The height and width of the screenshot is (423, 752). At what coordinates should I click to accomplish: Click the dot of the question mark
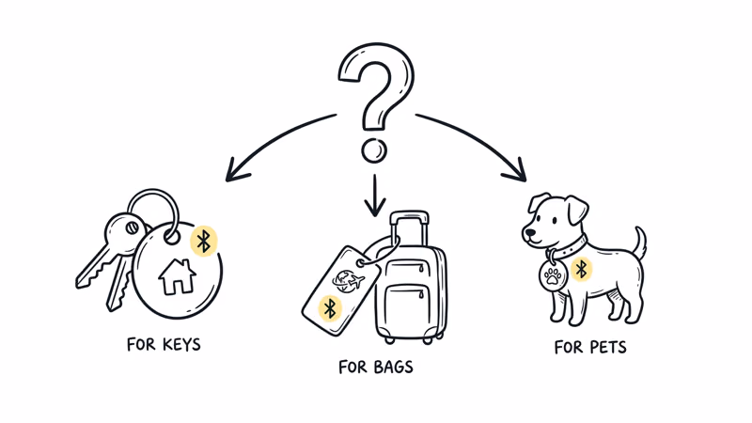[374, 150]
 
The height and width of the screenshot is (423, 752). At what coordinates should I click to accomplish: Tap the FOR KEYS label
[164, 345]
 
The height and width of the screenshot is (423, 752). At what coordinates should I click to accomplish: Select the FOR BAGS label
[375, 368]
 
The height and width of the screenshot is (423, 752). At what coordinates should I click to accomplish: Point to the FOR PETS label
[590, 347]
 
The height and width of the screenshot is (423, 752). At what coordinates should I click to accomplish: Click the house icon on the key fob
[178, 276]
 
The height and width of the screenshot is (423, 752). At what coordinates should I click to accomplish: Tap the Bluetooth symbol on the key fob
[204, 241]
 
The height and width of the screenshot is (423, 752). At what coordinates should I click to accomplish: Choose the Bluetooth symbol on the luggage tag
[330, 308]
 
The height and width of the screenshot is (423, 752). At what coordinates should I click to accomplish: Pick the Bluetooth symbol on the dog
[581, 269]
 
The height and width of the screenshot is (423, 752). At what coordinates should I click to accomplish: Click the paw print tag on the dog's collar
[553, 275]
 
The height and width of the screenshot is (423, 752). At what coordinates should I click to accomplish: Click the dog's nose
[529, 233]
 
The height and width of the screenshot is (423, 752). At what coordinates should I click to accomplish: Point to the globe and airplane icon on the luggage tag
[348, 280]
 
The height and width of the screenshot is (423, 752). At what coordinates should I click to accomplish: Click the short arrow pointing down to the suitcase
[375, 196]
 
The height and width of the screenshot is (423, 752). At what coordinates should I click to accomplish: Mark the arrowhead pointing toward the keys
[236, 171]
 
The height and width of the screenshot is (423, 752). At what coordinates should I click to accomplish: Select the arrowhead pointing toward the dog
[515, 171]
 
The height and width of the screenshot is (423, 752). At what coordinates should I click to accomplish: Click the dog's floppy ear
[577, 209]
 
